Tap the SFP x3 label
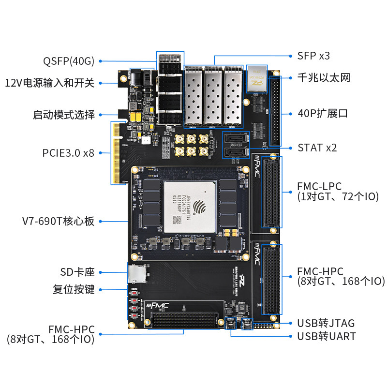pyautogui.click(x=313, y=56)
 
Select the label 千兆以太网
pyautogui.click(x=324, y=77)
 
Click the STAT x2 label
pyautogui.click(x=317, y=148)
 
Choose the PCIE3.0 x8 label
pyautogui.click(x=68, y=153)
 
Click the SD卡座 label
pyautogui.click(x=77, y=272)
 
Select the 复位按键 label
pyautogui.click(x=74, y=290)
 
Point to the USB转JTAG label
pyautogui.click(x=326, y=323)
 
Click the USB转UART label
pyautogui.click(x=327, y=336)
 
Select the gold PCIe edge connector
pyautogui.click(x=116, y=153)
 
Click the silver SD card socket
pyautogui.click(x=136, y=274)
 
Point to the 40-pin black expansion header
pyautogui.click(x=275, y=111)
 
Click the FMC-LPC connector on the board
pyautogui.click(x=270, y=192)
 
